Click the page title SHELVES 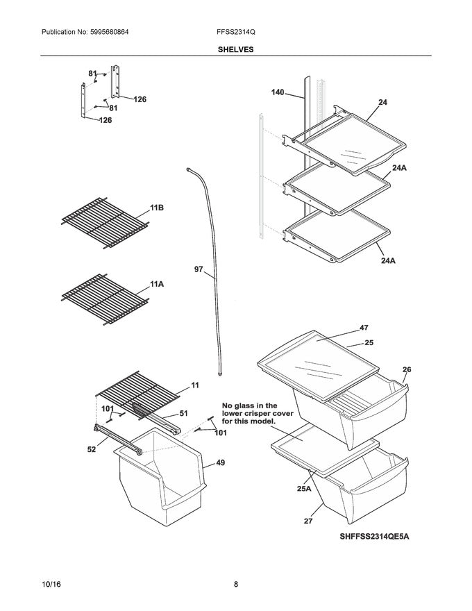(236, 49)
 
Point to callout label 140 (278, 92)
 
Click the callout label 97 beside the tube (199, 269)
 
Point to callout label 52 (92, 449)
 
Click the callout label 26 (406, 369)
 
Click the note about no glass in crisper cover (249, 413)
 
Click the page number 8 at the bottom (236, 584)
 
